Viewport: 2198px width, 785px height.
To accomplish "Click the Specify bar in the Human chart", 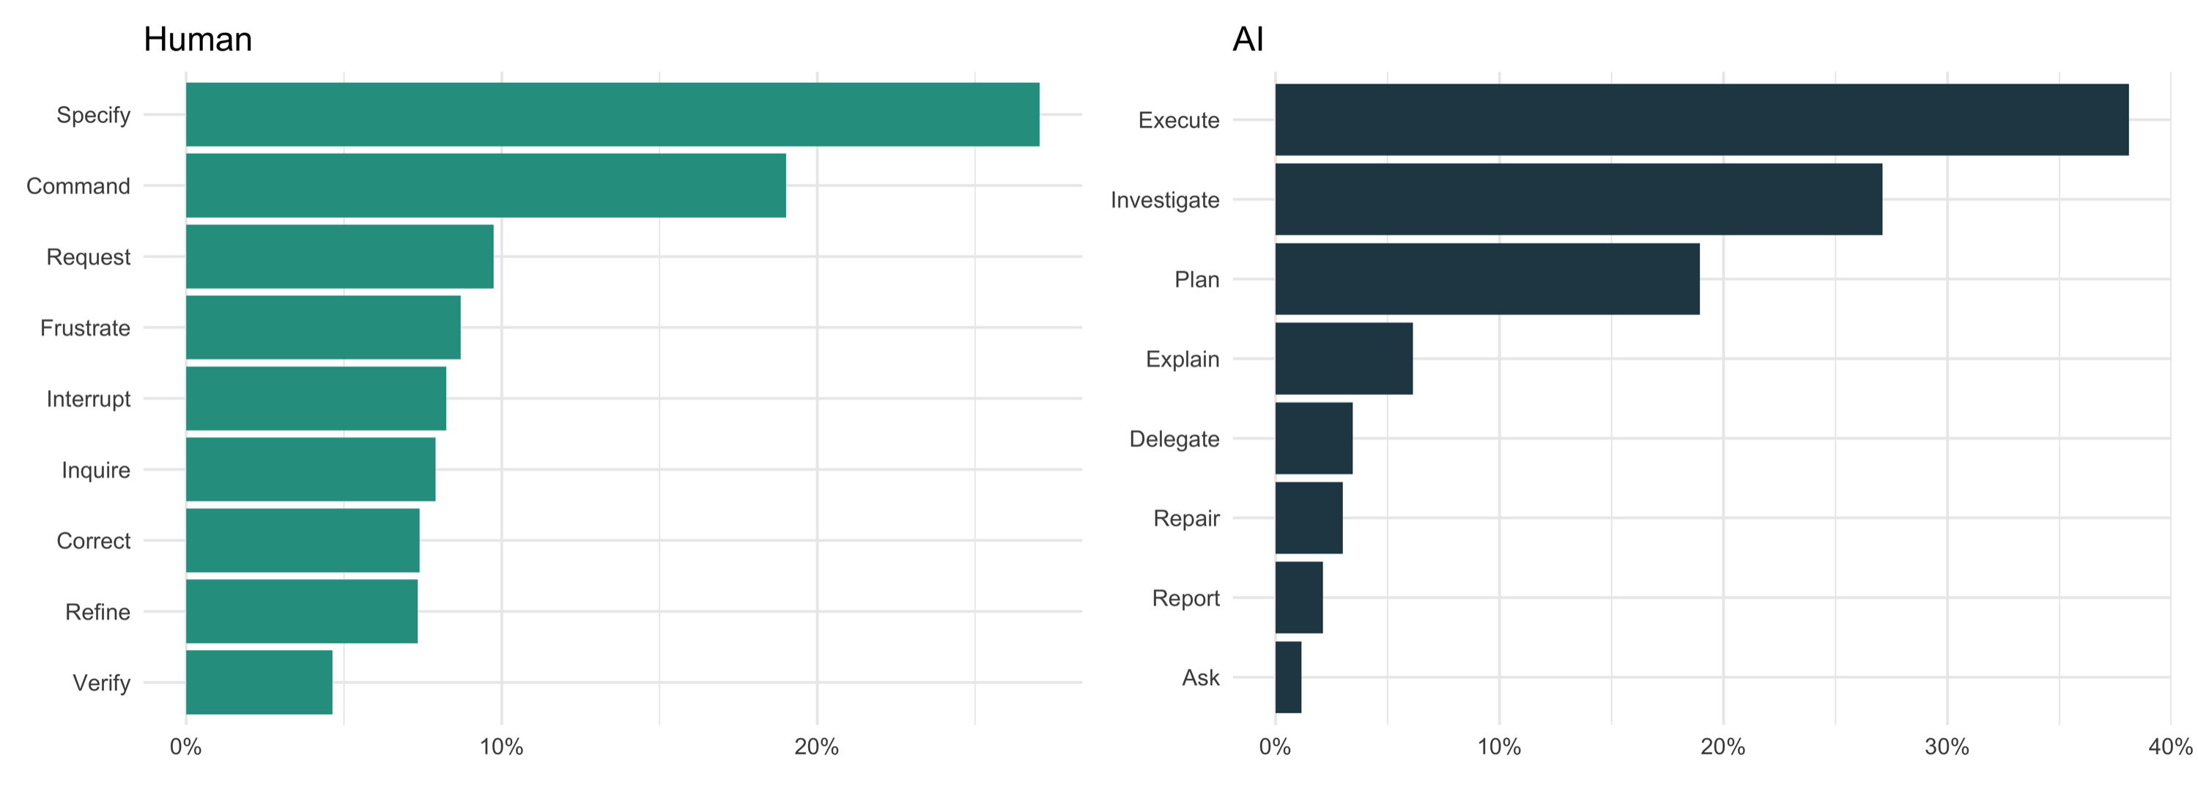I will tap(612, 114).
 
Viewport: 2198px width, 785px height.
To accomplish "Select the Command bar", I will tap(486, 185).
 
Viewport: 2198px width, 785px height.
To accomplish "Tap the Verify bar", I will tap(259, 682).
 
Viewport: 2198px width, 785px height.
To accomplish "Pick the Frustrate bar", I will tap(322, 328).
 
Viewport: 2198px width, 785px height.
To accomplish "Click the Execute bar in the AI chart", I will tap(1701, 119).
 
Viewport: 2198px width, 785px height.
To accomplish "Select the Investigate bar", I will tap(1579, 199).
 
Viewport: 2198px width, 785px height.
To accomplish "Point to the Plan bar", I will tap(1487, 279).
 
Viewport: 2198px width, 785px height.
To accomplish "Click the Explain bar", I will tap(1344, 358).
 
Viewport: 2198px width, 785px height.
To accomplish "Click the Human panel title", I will tap(198, 40).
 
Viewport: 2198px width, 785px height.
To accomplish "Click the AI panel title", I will tap(1248, 40).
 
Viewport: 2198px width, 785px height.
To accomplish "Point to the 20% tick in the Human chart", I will tap(817, 748).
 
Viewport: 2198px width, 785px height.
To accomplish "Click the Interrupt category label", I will tap(88, 399).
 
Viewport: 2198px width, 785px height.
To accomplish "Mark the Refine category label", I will tap(97, 612).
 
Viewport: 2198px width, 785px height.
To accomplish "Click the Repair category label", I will tap(1186, 518).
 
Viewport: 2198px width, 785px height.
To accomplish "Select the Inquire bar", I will tap(311, 469).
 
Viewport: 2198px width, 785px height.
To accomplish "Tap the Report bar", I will tap(1299, 597).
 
